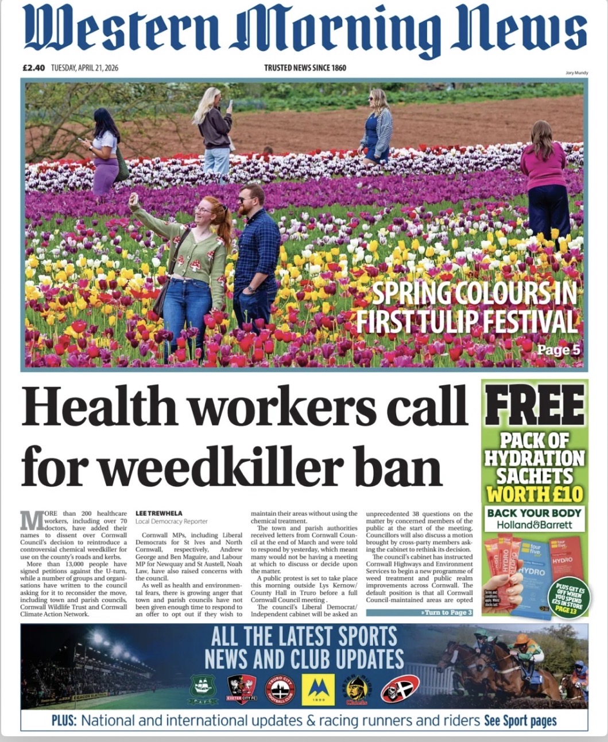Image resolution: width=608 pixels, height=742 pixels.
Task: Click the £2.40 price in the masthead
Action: [33, 68]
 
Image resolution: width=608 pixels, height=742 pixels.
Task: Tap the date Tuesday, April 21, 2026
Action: [85, 68]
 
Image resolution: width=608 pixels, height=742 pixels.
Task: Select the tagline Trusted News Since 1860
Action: [305, 68]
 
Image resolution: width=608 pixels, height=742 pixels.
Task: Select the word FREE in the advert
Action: [535, 407]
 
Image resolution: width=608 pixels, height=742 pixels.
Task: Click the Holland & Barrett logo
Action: [534, 525]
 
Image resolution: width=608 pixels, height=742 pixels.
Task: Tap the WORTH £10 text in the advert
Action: [535, 494]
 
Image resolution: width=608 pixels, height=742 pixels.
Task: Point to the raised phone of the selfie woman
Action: [134, 199]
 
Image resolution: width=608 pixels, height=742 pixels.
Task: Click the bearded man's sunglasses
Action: [247, 198]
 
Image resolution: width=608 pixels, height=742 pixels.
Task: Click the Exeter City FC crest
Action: [242, 689]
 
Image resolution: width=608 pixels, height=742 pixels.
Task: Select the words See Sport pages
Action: [520, 720]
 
